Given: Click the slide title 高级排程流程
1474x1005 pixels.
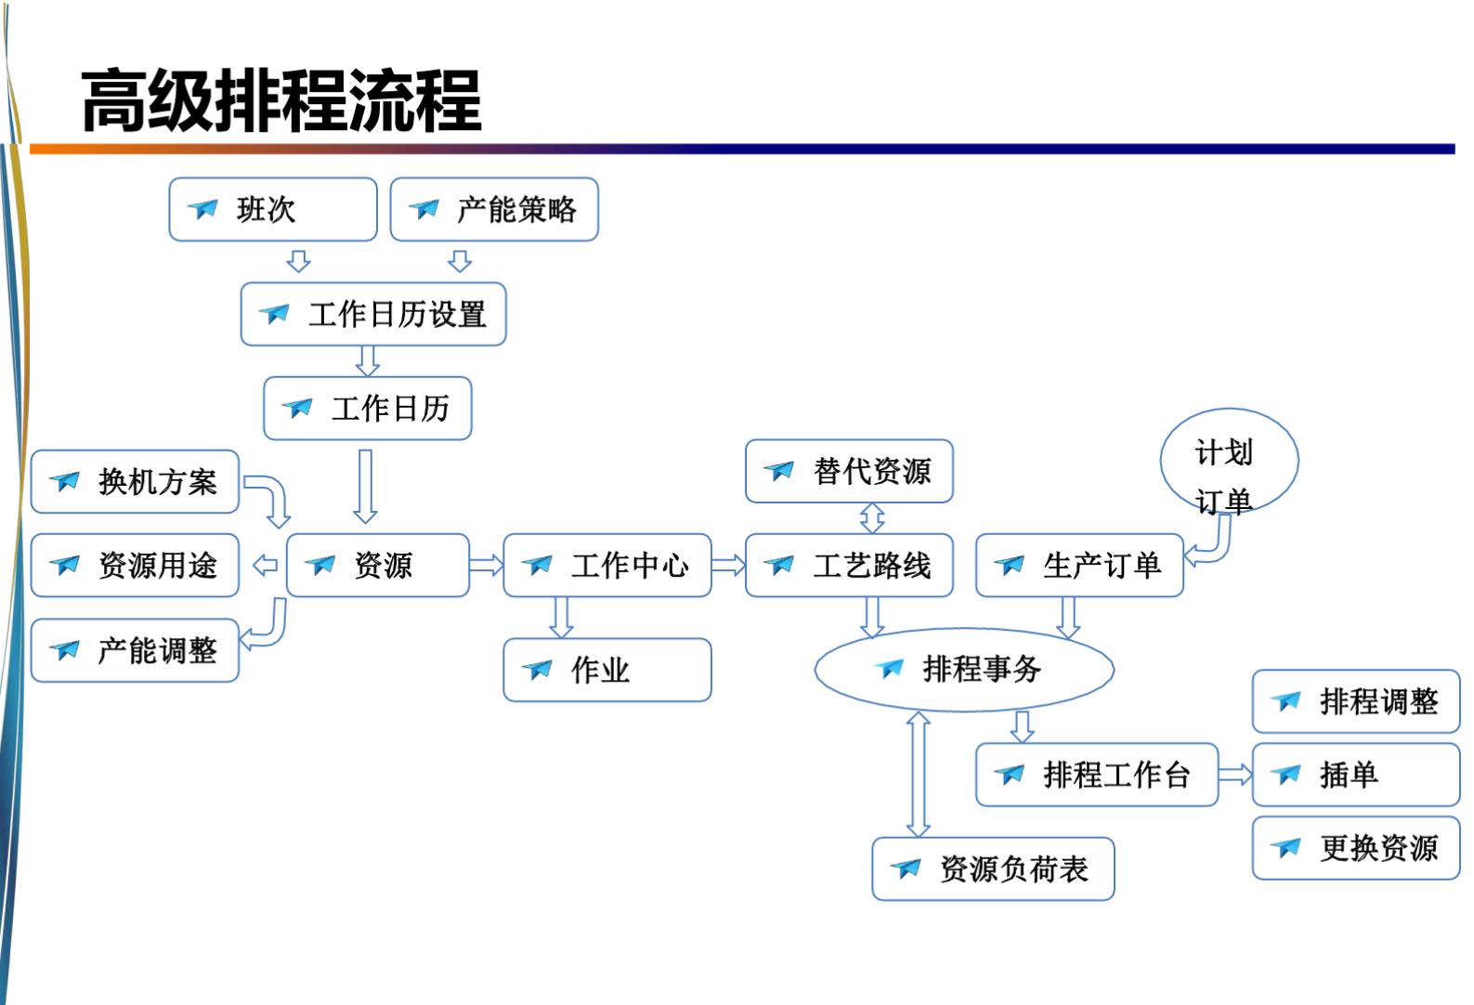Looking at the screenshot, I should tap(281, 100).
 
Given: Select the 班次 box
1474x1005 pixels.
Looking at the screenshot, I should tap(272, 210).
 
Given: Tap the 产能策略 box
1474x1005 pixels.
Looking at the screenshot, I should tap(493, 210).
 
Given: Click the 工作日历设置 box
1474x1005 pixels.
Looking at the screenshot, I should tap(372, 315).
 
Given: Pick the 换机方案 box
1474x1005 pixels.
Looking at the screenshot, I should tap(135, 482).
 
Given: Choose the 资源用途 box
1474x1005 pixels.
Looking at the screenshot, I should tap(135, 565).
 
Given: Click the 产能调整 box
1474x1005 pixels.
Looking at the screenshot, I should tap(135, 650).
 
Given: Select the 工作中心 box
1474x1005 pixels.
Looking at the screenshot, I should tap(607, 565).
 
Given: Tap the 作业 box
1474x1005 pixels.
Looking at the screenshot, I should tap(607, 670).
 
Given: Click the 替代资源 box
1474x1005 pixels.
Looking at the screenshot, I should tap(848, 471).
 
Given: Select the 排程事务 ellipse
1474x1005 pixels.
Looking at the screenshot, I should tap(963, 670).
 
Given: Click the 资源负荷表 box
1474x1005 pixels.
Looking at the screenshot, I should tap(992, 869).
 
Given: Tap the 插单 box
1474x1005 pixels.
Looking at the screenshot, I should tap(1355, 775).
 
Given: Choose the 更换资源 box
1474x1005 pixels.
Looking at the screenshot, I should tap(1355, 848).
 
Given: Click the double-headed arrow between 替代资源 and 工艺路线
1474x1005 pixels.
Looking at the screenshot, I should tap(872, 518).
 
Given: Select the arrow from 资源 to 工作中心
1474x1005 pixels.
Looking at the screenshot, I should tap(486, 565).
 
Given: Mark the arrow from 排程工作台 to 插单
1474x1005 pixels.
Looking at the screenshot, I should tap(1234, 775).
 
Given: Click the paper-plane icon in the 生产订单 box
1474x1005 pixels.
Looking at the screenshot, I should tap(1010, 565).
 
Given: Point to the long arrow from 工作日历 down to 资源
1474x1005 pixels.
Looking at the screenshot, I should tap(366, 486).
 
